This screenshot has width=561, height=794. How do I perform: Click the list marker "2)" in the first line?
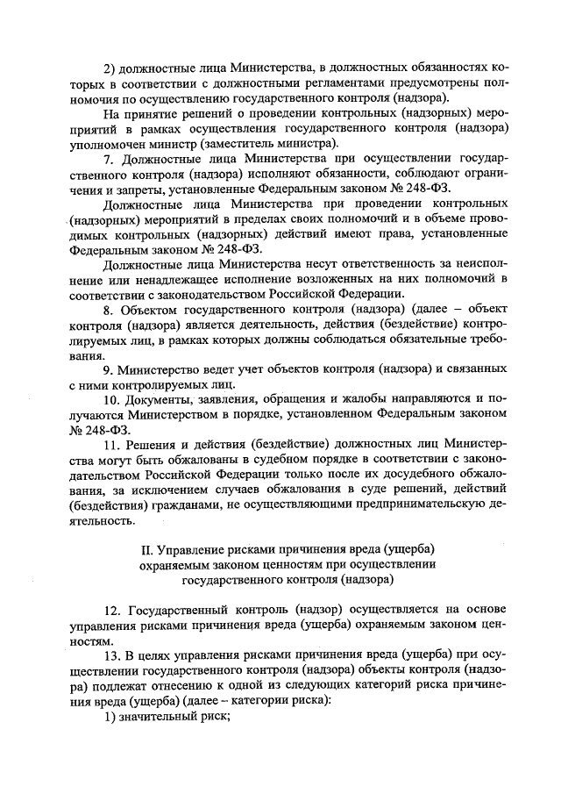110,68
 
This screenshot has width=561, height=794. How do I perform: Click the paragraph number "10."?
112,400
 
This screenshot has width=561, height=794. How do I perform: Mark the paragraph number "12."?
112,608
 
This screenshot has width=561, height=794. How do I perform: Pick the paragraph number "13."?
112,655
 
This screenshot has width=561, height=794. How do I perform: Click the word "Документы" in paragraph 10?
165,400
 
